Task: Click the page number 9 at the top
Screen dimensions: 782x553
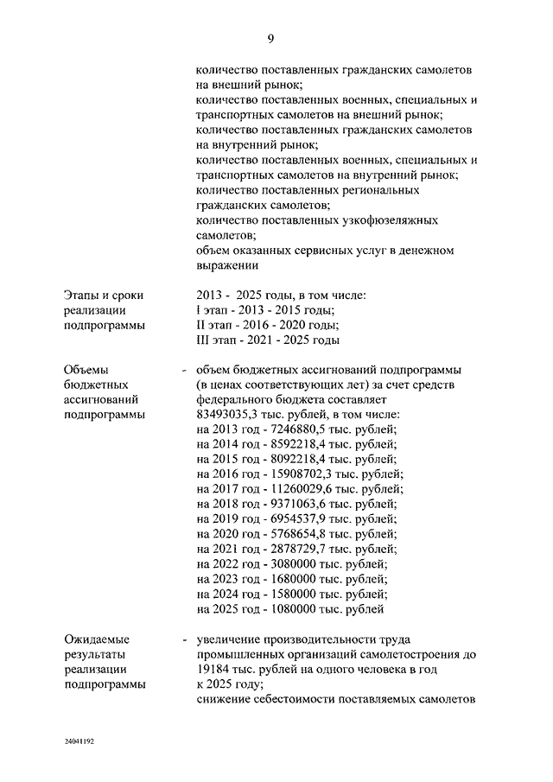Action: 270,38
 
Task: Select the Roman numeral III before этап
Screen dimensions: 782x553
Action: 205,340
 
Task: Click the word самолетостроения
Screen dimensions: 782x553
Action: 405,655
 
